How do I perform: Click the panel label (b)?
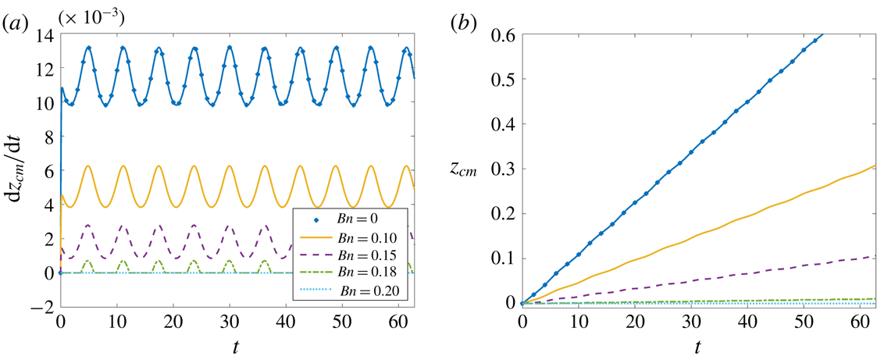465,23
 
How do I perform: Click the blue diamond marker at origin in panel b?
522,303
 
